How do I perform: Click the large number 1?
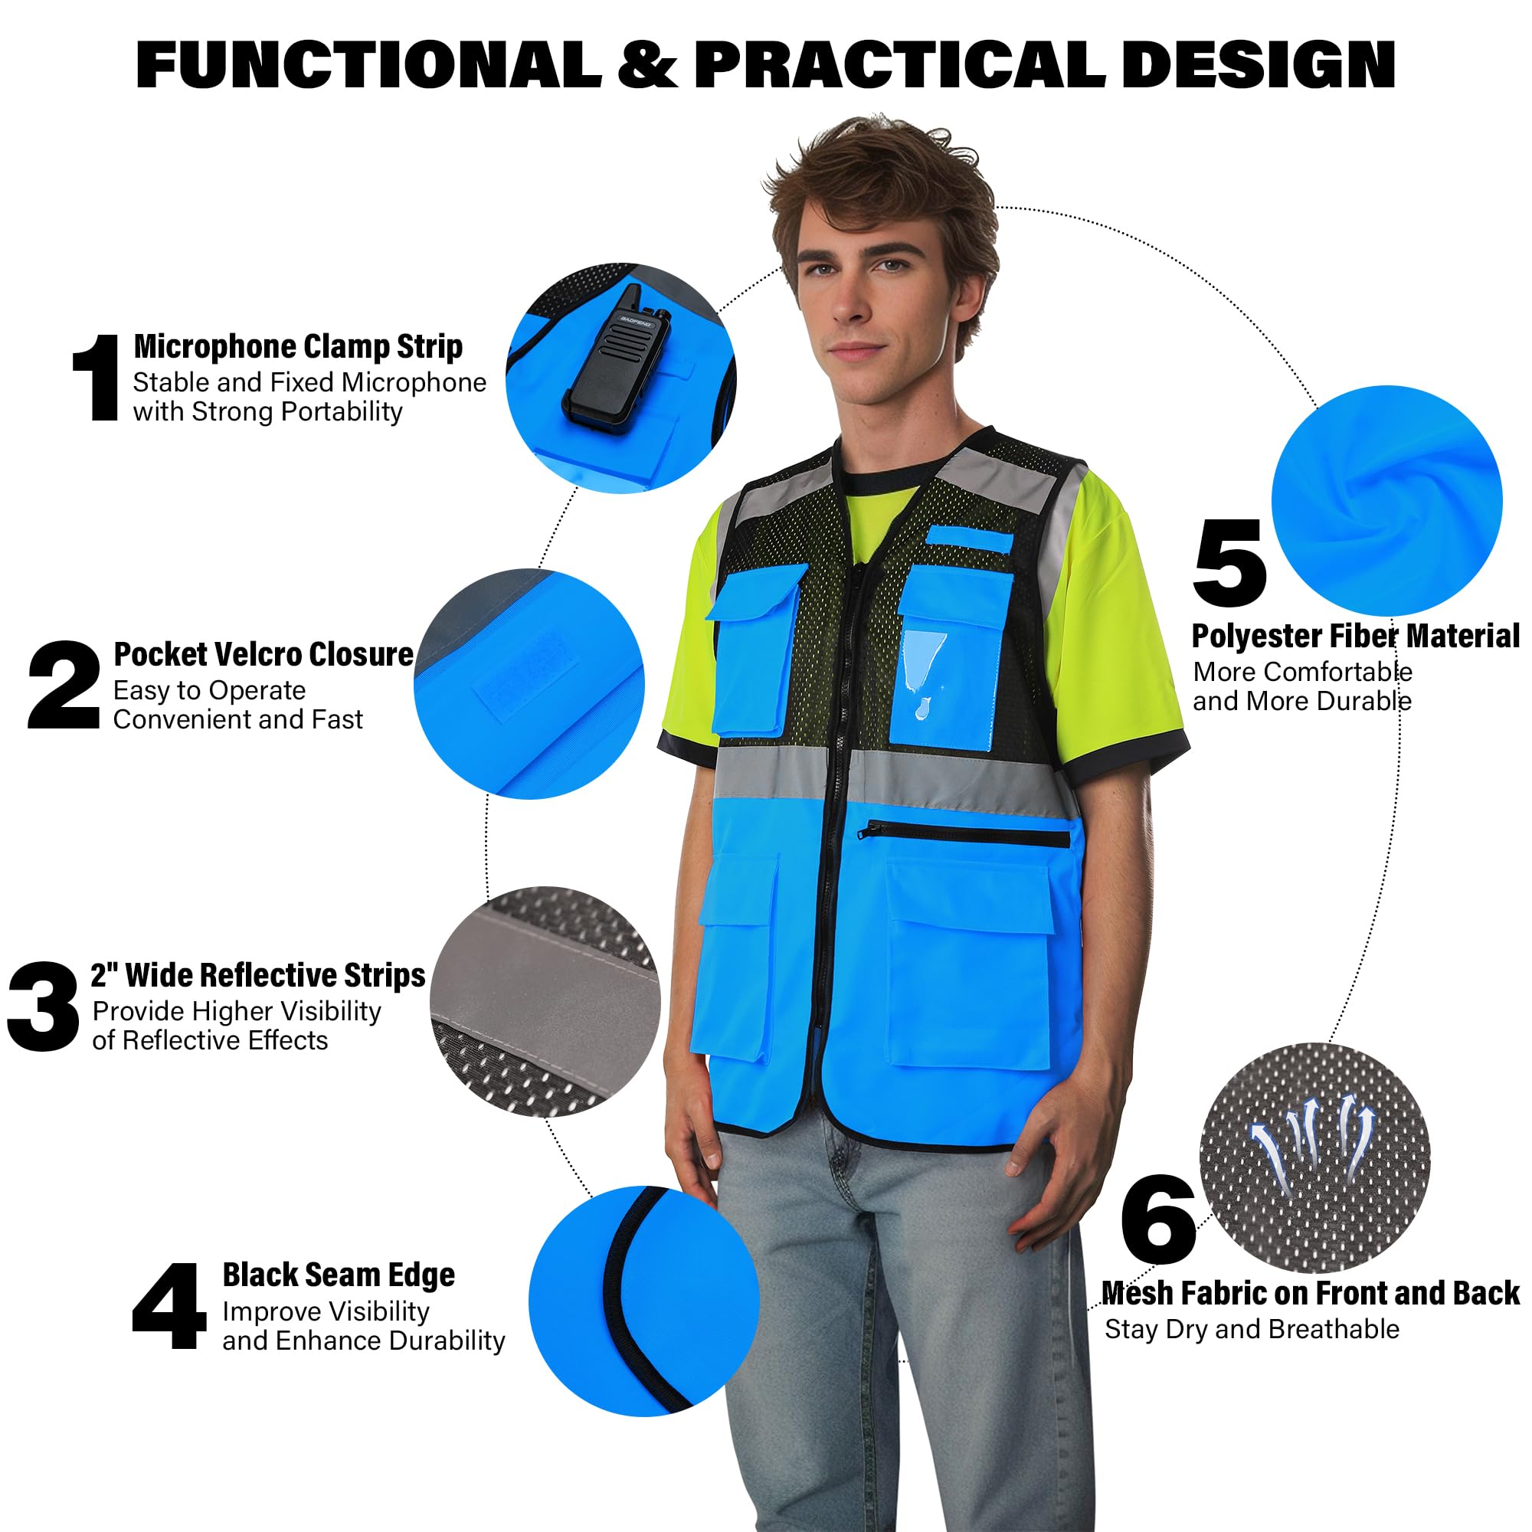97,378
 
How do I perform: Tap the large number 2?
64,685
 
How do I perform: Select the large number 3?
44,1007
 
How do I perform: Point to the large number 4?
169,1306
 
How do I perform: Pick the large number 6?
1158,1219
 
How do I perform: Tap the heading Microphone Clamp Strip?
298,346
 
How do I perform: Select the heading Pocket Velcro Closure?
264,654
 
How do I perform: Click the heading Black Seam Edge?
339,1275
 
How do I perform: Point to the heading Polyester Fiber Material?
1355,636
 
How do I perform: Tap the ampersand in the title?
648,65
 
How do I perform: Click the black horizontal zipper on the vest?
964,834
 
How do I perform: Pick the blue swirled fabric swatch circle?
1387,500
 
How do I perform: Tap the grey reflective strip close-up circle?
545,1001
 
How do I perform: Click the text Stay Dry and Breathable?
1252,1329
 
